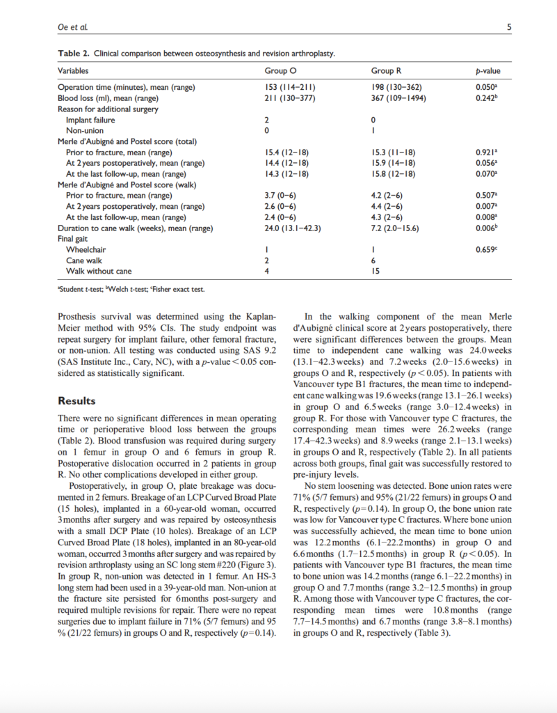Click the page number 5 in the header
pos(509,28)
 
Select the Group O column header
pos(280,71)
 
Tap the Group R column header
pos(387,71)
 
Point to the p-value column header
pos(487,71)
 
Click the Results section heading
pos(78,401)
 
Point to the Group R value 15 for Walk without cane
pos(376,271)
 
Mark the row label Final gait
pos(74,239)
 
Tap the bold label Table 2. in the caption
pos(72,54)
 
